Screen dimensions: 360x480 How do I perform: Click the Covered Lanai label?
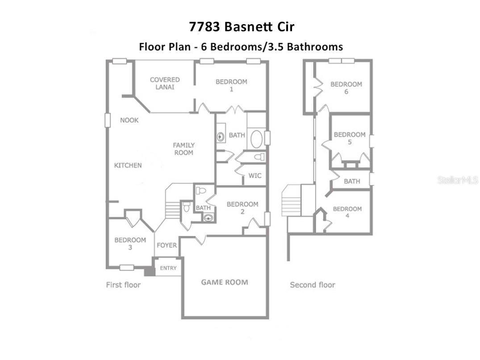click(x=165, y=83)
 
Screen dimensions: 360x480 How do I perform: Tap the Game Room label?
click(x=225, y=282)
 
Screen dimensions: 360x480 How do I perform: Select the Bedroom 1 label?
click(x=231, y=85)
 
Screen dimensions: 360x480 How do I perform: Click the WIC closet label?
click(x=255, y=176)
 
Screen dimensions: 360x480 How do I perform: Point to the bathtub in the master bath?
click(x=257, y=139)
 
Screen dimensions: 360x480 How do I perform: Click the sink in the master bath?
click(x=221, y=137)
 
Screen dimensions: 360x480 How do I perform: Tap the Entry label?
click(x=168, y=268)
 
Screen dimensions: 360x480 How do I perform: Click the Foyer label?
click(x=167, y=245)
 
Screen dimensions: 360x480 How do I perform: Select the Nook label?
click(x=129, y=120)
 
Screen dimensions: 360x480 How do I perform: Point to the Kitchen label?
click(x=128, y=166)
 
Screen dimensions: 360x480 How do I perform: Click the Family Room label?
click(x=184, y=149)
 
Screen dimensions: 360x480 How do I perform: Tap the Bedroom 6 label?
click(x=346, y=88)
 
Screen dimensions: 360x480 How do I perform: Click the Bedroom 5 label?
click(x=350, y=138)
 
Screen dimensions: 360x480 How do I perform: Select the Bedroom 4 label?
click(x=347, y=213)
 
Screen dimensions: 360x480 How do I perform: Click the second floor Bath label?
click(x=352, y=182)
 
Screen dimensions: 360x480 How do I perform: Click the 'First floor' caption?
click(x=123, y=285)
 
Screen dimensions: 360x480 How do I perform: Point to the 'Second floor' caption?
click(x=313, y=285)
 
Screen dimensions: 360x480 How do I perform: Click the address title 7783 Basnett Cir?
click(x=242, y=27)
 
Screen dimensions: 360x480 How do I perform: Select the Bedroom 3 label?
click(x=130, y=244)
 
